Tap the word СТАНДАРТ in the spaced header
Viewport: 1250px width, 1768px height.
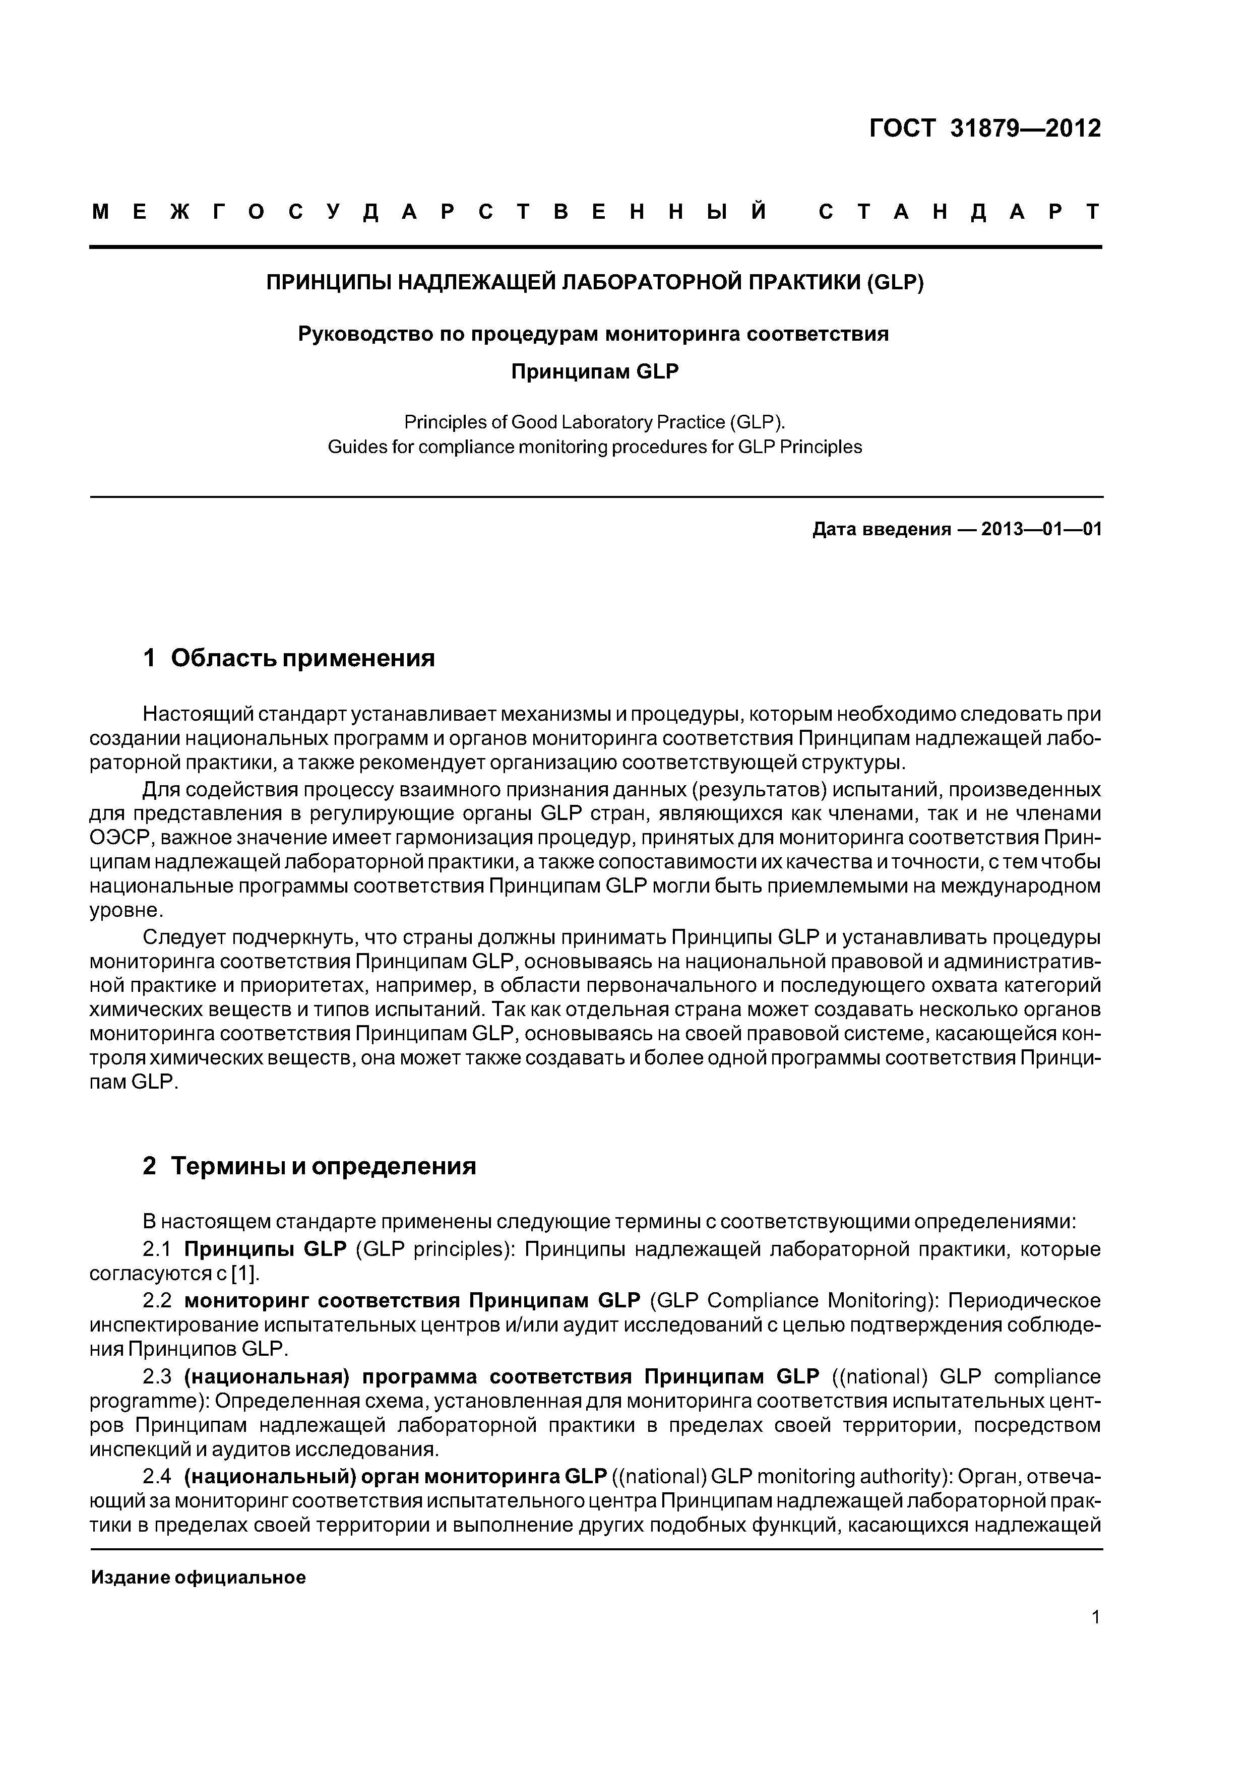pos(959,212)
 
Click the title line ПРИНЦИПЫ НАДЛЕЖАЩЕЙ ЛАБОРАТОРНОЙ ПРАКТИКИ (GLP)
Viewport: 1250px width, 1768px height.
pos(595,283)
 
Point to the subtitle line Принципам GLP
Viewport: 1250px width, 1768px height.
pos(595,372)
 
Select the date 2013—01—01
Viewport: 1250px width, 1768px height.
pos(1042,530)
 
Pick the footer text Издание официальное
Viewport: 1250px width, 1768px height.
pos(198,1578)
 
